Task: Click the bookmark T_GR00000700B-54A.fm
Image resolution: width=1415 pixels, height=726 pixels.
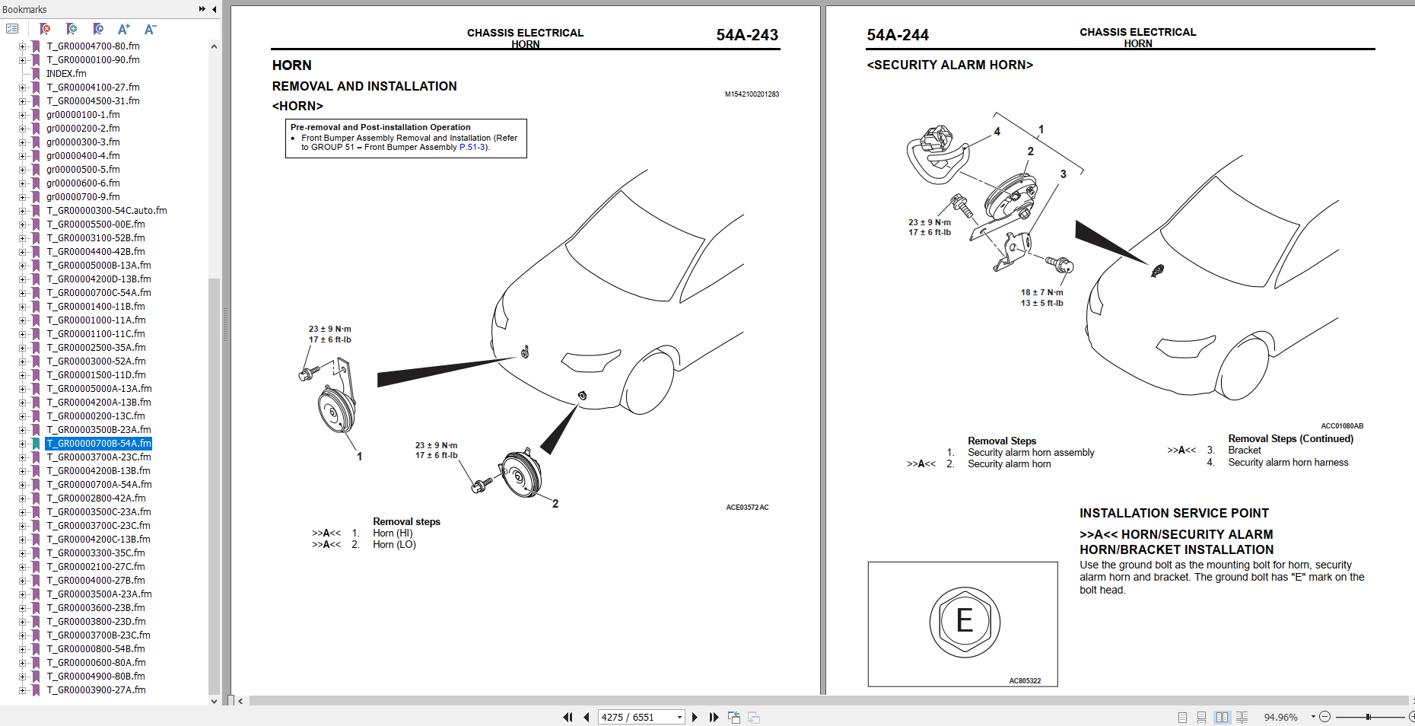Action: (99, 444)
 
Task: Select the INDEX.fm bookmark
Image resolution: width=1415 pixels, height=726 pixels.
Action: (66, 74)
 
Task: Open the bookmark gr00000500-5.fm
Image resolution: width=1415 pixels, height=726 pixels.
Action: (83, 170)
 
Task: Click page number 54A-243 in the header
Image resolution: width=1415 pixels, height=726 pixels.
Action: (746, 35)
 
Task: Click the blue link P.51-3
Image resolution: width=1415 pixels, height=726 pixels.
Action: (472, 148)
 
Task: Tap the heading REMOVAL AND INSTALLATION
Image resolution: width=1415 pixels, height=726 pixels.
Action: (364, 87)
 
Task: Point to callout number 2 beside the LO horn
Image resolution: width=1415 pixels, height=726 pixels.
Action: (555, 504)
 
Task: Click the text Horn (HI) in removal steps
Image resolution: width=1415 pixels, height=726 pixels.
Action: (393, 533)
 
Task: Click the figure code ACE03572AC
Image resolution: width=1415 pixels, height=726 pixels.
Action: (747, 508)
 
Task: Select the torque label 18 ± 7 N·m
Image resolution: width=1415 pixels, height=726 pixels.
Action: (1041, 292)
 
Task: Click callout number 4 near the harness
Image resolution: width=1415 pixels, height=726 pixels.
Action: (997, 132)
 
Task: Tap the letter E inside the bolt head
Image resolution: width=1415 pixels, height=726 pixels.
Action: (964, 621)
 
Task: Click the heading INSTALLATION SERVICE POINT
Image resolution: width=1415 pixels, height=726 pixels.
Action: (1174, 514)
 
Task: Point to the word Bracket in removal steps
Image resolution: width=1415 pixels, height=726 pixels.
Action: (1244, 451)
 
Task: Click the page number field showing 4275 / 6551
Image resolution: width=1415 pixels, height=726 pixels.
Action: (636, 717)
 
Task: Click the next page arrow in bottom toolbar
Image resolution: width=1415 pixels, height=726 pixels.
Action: (695, 717)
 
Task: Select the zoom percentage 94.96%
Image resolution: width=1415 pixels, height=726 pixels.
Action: (1280, 717)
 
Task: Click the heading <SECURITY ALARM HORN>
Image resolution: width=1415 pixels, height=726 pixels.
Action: (949, 65)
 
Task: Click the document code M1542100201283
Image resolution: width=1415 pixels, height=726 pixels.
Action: (751, 94)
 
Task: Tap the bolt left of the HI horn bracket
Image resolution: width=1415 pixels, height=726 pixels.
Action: (308, 374)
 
